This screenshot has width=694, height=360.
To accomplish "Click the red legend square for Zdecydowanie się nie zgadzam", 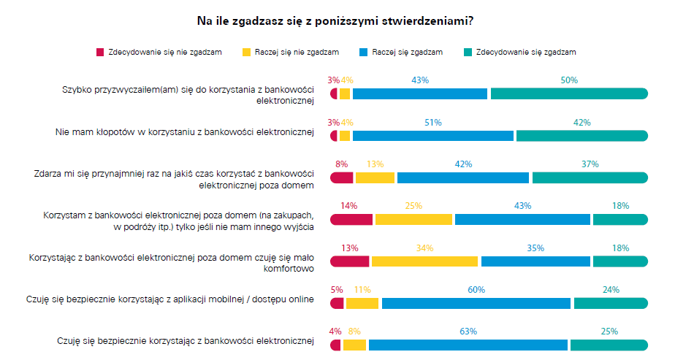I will click(x=100, y=52).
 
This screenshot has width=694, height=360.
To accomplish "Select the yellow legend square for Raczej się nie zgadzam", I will click(x=247, y=52).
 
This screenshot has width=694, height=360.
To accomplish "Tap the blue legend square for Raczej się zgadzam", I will click(x=364, y=52).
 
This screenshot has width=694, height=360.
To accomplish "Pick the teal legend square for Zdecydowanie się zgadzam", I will click(x=468, y=52).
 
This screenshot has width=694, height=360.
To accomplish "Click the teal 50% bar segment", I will click(x=569, y=93).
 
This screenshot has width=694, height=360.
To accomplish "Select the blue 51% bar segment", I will click(x=433, y=136).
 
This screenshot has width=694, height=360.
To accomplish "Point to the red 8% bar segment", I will click(x=342, y=177).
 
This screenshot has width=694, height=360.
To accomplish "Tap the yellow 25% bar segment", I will click(x=413, y=219).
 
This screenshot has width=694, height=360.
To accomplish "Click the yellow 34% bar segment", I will click(x=424, y=261).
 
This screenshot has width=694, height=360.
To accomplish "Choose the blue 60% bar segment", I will click(x=476, y=303).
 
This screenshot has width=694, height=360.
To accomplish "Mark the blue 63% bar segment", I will click(x=468, y=345).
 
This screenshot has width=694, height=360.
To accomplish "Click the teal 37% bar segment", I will click(x=590, y=177).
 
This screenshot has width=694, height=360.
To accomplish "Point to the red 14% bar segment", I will click(x=351, y=219).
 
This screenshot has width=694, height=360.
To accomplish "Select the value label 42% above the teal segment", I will click(x=581, y=123).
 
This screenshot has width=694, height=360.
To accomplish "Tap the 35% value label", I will click(x=535, y=248).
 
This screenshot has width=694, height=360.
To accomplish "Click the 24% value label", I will click(x=610, y=290).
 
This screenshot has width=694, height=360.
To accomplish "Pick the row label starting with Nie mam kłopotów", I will click(x=184, y=132).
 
